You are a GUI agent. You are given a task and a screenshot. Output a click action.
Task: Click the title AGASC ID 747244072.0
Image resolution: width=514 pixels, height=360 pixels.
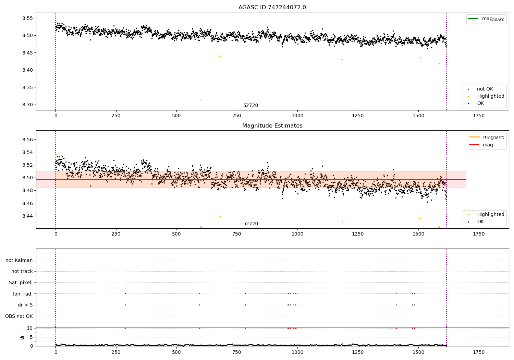tap(272, 8)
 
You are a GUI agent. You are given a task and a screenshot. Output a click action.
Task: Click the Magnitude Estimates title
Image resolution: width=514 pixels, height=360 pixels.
tap(272, 126)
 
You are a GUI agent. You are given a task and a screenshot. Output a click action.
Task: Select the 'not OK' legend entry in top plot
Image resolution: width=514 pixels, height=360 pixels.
tap(485, 89)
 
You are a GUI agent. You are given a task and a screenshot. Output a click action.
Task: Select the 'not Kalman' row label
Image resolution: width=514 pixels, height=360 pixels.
tap(19, 260)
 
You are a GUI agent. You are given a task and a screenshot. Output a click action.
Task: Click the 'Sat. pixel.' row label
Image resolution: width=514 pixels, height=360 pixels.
tap(21, 283)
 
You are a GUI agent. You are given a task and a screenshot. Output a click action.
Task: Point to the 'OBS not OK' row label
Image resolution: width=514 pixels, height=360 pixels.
tap(19, 316)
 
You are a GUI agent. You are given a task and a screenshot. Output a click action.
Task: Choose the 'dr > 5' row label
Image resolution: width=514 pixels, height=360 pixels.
tap(25, 305)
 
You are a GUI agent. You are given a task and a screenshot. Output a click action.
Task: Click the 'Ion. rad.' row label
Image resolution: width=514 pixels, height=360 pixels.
tap(23, 294)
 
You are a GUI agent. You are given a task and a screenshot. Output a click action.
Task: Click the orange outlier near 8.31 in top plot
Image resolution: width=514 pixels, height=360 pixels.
tap(201, 100)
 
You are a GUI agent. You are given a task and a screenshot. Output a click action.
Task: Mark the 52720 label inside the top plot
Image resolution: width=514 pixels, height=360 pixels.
tap(250, 106)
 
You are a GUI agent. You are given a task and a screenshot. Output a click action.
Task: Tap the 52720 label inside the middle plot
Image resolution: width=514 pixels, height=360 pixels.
tap(250, 224)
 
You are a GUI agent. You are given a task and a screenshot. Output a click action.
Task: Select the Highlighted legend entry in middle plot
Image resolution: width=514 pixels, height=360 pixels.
tap(490, 215)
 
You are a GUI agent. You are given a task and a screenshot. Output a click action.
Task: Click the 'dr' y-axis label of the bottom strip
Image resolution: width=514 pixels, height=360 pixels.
tap(22, 337)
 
